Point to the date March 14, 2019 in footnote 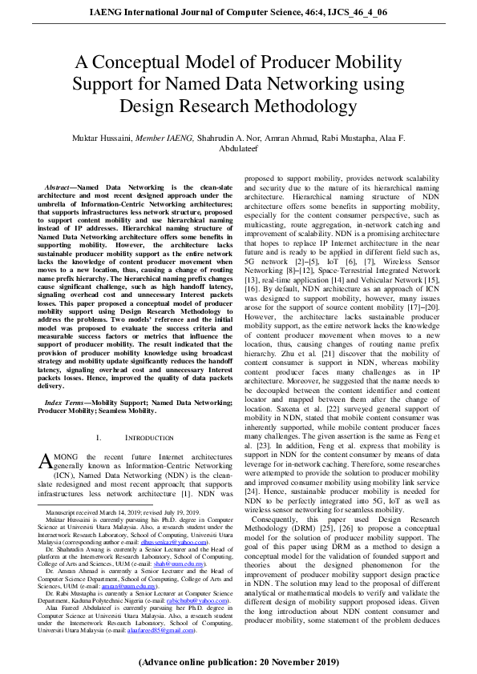[111, 510]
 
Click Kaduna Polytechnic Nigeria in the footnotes [121, 601]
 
